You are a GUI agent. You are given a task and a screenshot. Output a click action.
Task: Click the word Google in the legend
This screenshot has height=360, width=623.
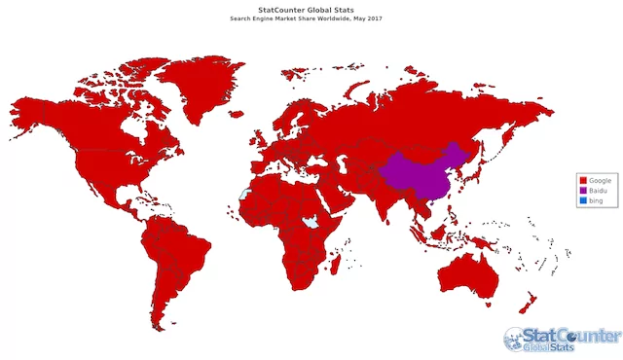(x=599, y=181)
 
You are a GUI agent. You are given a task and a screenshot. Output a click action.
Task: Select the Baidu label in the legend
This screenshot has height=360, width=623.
(x=597, y=191)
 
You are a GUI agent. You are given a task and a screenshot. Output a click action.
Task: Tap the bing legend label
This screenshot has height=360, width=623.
(x=596, y=199)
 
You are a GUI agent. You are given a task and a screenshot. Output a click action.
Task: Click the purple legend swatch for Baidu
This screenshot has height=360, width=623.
(x=583, y=191)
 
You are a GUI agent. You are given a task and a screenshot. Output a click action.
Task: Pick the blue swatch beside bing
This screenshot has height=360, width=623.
(x=583, y=199)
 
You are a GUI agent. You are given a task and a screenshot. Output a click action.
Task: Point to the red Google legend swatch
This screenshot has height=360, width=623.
(x=583, y=181)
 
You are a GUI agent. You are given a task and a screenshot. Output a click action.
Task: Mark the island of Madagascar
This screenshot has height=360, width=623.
(x=357, y=257)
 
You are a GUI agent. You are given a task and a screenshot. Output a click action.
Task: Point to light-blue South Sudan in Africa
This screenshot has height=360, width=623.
(x=311, y=222)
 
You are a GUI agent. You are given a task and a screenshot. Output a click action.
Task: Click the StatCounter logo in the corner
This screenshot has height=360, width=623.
(x=562, y=339)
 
